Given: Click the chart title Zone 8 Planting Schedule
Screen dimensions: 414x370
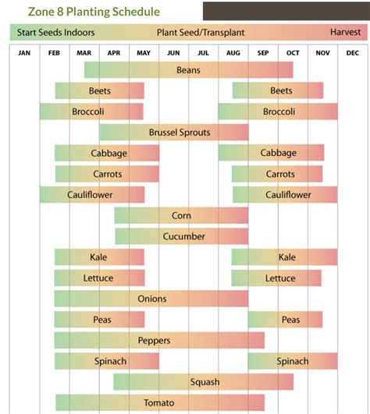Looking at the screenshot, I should [94, 12].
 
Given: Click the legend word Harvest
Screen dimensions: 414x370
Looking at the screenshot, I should [344, 33].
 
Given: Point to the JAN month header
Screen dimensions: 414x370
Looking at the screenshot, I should [24, 53].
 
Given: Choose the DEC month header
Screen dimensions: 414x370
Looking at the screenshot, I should [352, 53].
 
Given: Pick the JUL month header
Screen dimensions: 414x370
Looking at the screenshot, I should [203, 53].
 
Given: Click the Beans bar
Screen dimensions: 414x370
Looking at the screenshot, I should [188, 70].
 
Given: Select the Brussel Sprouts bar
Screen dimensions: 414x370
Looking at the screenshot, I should [173, 133].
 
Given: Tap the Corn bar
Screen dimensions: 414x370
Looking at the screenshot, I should [181, 215].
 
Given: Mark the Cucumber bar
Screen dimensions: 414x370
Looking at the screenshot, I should [181, 236].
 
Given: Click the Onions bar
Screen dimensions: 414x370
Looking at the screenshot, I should [151, 299].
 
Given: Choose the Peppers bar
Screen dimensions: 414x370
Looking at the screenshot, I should [158, 341].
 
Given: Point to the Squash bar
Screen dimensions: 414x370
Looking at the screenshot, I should [203, 382].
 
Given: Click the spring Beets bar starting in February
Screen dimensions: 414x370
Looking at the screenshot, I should [99, 90].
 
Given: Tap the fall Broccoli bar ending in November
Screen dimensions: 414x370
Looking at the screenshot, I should [278, 111].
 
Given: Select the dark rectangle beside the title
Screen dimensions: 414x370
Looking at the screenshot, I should [286, 11].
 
